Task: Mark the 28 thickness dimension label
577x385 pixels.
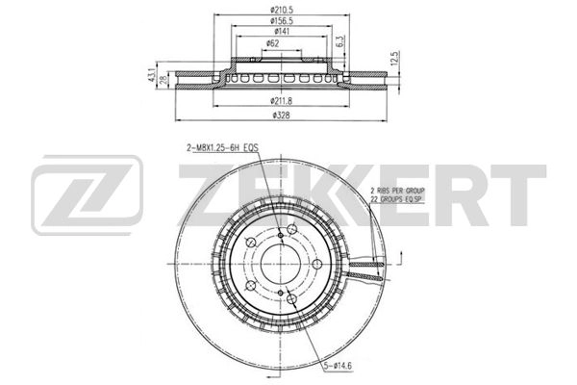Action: (x=163, y=80)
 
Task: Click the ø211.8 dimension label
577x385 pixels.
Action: (x=281, y=101)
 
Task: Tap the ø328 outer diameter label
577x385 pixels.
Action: (x=281, y=115)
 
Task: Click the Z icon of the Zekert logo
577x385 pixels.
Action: (x=87, y=198)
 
